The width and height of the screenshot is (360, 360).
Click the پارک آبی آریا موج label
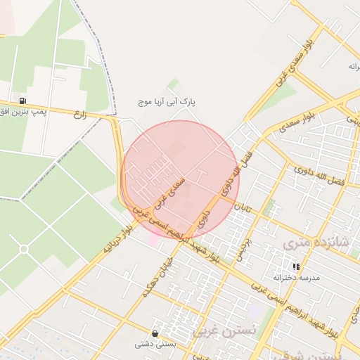(x=167, y=102)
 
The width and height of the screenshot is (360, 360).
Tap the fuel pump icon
(x=23, y=101)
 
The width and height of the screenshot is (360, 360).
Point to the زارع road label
(x=79, y=115)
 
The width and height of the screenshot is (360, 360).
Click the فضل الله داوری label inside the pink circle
(x=233, y=174)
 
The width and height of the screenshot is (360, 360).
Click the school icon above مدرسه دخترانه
(x=296, y=266)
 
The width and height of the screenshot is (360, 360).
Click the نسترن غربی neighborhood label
(x=216, y=330)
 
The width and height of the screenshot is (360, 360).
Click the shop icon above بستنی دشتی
(x=155, y=333)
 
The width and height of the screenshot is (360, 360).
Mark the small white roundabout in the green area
(x=24, y=249)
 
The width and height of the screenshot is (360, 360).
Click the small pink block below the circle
(x=154, y=241)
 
